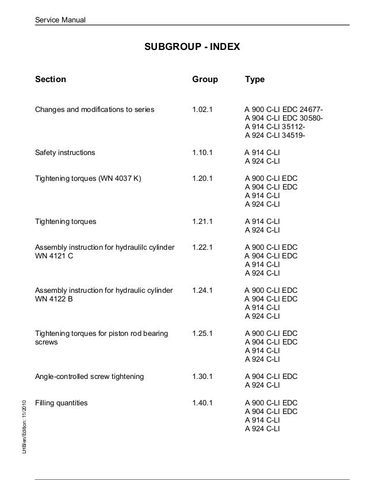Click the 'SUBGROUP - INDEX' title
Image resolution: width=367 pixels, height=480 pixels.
[x=192, y=46]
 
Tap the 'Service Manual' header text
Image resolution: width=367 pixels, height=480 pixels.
[x=60, y=21]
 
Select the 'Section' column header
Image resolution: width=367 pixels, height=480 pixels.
[x=51, y=80]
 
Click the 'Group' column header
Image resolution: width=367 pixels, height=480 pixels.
[x=205, y=80]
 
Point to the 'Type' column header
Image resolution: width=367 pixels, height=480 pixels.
[x=255, y=80]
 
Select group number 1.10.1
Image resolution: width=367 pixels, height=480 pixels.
[x=202, y=153]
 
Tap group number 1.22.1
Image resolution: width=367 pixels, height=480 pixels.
[x=202, y=247]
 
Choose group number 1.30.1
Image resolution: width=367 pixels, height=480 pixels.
[x=202, y=377]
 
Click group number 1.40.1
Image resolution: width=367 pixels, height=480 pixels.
[x=202, y=403]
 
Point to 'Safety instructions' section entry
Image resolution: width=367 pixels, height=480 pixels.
[x=66, y=153]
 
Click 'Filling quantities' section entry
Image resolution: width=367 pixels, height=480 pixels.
[x=62, y=403]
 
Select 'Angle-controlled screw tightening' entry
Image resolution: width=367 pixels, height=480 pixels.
[x=90, y=377]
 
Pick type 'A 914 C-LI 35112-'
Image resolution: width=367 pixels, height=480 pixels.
[x=276, y=127]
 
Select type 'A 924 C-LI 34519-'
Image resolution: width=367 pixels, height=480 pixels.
[x=276, y=136]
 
